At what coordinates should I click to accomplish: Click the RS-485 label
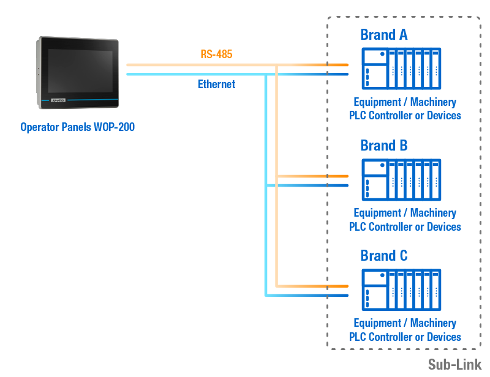(216, 54)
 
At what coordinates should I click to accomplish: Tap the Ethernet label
(216, 84)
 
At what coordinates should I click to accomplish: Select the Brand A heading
(384, 34)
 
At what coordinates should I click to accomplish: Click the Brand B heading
(384, 145)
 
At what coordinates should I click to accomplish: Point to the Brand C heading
(384, 255)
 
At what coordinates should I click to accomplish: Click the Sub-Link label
(454, 365)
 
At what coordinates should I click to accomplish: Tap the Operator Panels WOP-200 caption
(78, 127)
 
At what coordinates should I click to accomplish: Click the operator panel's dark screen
(80, 71)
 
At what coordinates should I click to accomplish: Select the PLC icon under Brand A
(401, 69)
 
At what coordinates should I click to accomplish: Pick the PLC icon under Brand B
(401, 179)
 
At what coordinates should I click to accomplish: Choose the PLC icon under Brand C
(401, 290)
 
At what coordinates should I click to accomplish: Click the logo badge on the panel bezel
(58, 100)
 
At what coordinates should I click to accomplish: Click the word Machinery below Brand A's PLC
(433, 102)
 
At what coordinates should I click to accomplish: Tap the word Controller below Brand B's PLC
(396, 227)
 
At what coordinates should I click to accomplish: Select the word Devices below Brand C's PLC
(443, 337)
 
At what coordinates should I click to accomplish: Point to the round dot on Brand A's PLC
(382, 54)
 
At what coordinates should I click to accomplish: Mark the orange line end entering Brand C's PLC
(348, 286)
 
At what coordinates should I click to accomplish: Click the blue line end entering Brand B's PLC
(348, 185)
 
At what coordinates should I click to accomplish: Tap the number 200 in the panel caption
(127, 127)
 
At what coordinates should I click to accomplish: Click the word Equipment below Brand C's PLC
(377, 323)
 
